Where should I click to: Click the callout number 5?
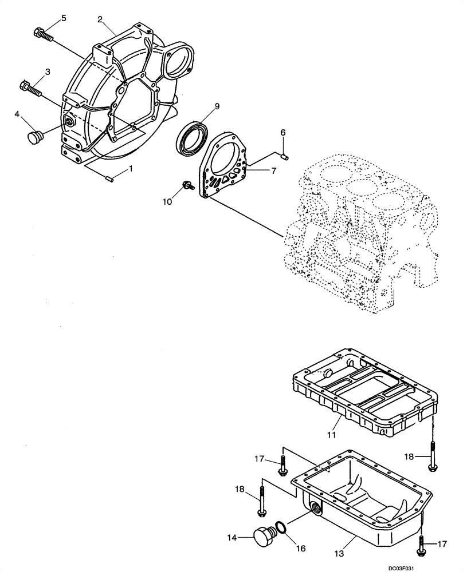(x=63, y=18)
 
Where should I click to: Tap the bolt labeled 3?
(x=31, y=89)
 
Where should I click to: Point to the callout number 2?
(x=100, y=19)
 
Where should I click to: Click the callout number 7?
(x=273, y=170)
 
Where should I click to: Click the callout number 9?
(x=217, y=106)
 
